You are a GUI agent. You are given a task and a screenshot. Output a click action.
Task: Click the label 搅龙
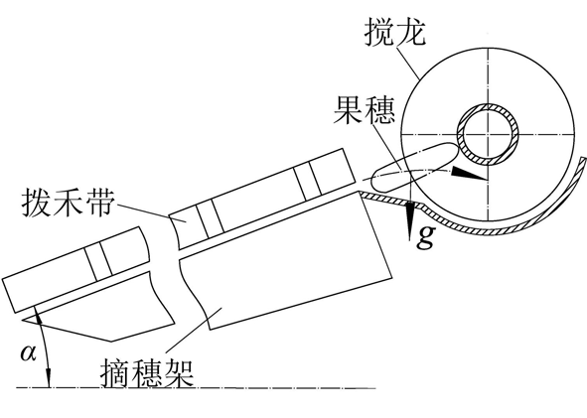pos(395,32)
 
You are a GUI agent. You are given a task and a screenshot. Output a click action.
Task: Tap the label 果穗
pos(365,110)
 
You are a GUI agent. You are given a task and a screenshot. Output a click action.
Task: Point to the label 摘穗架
pos(147,374)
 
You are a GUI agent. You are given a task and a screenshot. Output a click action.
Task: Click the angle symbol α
pos(28,352)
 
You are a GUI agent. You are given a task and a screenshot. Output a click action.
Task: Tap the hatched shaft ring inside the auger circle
pos(488,134)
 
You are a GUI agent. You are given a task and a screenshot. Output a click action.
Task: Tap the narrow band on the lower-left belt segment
pos(98,261)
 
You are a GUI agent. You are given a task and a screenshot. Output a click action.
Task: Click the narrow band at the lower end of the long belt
pos(210,218)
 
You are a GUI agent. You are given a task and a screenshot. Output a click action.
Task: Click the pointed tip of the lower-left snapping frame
pos(22,320)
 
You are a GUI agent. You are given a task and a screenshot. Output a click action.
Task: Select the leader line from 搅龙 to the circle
pos(407,61)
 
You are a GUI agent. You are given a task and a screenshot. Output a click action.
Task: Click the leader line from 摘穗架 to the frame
pos(194,330)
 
